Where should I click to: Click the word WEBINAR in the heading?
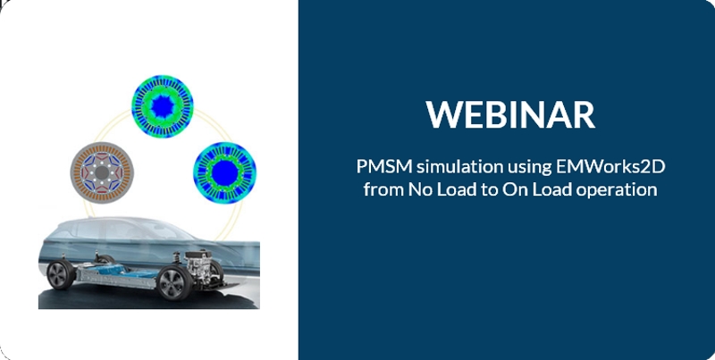click(x=510, y=114)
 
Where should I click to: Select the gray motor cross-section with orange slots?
click(x=102, y=172)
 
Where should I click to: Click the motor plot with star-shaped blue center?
click(x=163, y=106)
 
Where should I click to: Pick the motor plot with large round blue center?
click(x=224, y=172)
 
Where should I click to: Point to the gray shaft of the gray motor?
click(x=102, y=172)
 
